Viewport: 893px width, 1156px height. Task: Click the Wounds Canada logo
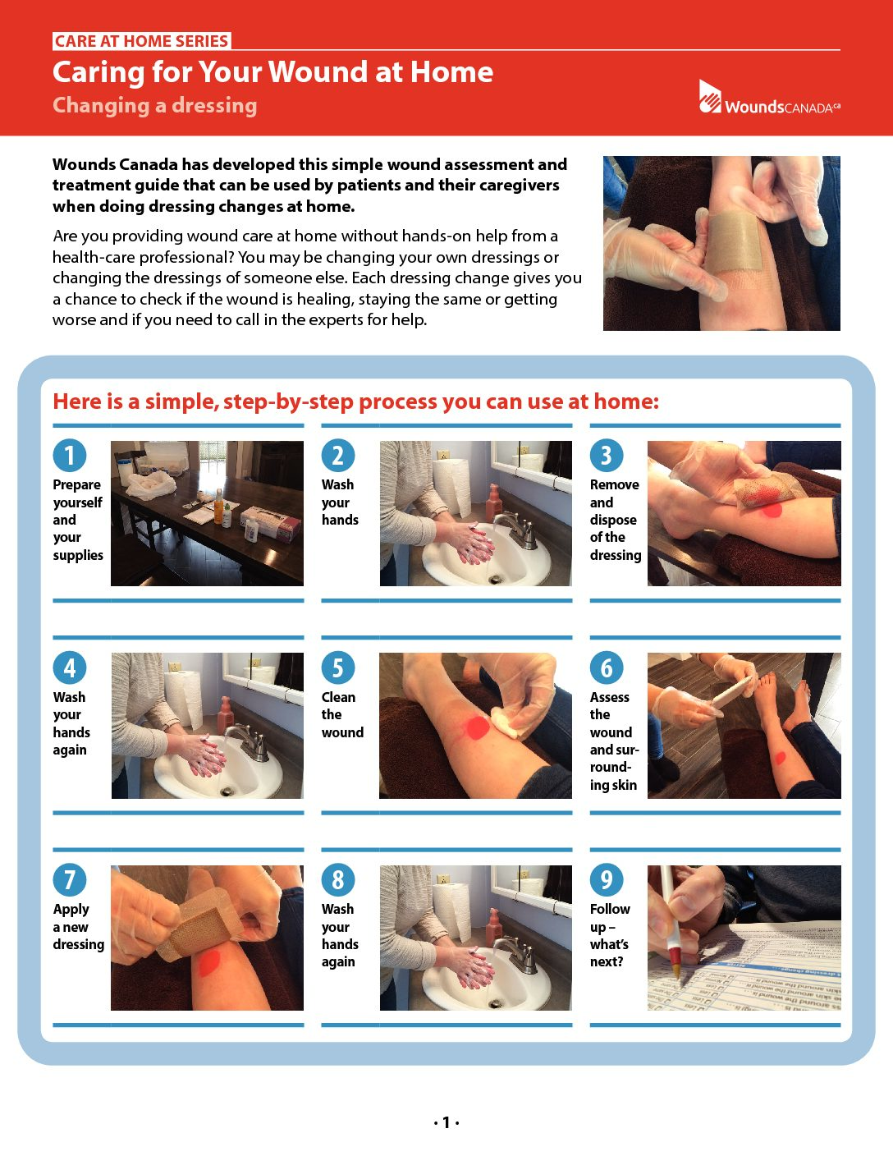coord(769,98)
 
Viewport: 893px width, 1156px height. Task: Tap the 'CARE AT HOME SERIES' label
coord(141,41)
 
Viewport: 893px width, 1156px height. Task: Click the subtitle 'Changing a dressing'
coord(155,105)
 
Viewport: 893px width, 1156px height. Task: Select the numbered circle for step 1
coord(70,456)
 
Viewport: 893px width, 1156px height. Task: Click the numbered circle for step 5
coord(338,667)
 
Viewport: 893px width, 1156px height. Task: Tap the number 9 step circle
coord(607,880)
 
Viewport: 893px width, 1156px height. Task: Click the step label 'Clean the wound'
coord(342,714)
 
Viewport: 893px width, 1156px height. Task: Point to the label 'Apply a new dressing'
coord(79,927)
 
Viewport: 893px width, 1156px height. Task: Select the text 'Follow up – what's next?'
coord(610,935)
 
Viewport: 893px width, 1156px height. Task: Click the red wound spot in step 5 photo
coord(477,727)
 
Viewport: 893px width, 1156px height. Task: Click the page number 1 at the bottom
coord(446,1122)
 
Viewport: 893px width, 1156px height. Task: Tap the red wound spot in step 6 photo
coord(781,758)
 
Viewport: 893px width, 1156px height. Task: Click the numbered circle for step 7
coord(70,880)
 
